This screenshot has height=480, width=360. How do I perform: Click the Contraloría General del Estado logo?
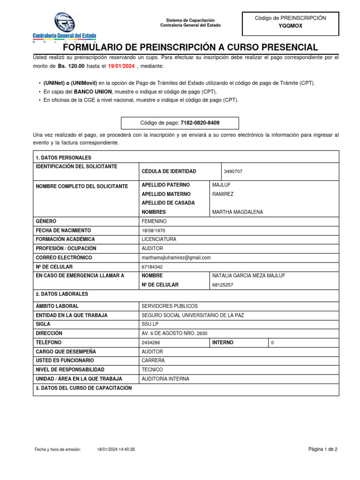click(x=64, y=27)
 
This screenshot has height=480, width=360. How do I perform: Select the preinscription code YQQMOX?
click(x=290, y=26)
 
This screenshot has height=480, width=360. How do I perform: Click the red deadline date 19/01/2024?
click(x=121, y=67)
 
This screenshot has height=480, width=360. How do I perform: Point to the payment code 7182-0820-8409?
click(x=200, y=123)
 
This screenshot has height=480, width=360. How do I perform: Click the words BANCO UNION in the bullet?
click(x=93, y=91)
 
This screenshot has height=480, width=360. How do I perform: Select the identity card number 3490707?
click(x=233, y=172)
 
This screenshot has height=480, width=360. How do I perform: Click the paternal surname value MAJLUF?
click(x=221, y=185)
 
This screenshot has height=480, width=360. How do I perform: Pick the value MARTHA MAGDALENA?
click(x=238, y=212)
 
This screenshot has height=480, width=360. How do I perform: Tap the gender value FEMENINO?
click(x=154, y=221)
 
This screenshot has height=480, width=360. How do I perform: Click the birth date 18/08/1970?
click(x=153, y=231)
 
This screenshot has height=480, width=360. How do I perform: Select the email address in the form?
click(x=176, y=258)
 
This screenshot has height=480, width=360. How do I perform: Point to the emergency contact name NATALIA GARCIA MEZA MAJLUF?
click(x=248, y=276)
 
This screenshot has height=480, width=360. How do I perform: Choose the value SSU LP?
click(x=150, y=324)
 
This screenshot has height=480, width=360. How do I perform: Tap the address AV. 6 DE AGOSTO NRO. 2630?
click(x=174, y=333)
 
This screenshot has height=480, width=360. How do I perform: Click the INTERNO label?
click(x=223, y=343)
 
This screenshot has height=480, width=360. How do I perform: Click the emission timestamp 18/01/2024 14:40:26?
click(x=116, y=450)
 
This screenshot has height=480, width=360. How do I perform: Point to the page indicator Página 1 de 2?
click(x=322, y=449)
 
